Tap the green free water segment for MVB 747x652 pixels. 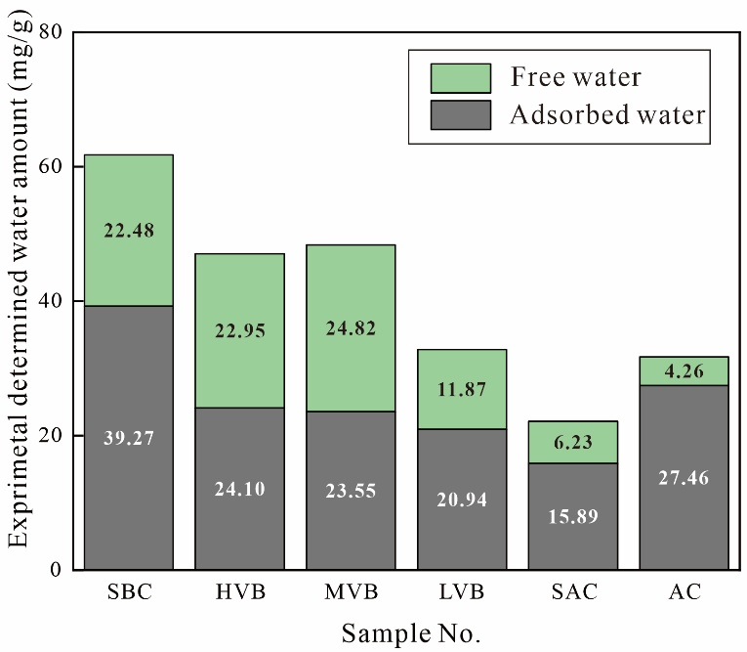coord(351,293)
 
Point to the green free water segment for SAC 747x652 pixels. coord(573,442)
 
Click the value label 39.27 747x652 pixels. coord(129,439)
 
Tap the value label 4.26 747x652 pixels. coord(685,371)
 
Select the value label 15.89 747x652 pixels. coord(573,516)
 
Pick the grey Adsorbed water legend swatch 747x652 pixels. coord(460,115)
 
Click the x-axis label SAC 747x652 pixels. coord(573,594)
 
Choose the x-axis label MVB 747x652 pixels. coord(351,594)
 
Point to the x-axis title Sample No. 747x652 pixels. coord(410,633)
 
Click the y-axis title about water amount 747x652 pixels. coord(20,293)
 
